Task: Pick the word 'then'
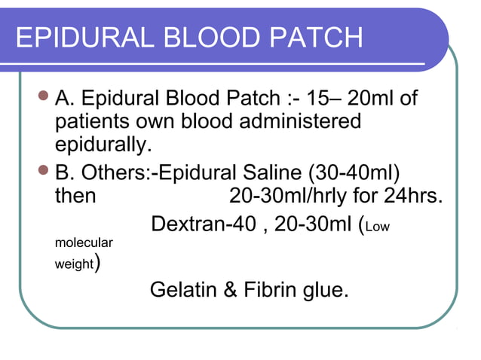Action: pos(75,195)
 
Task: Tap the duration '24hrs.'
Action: pos(413,195)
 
